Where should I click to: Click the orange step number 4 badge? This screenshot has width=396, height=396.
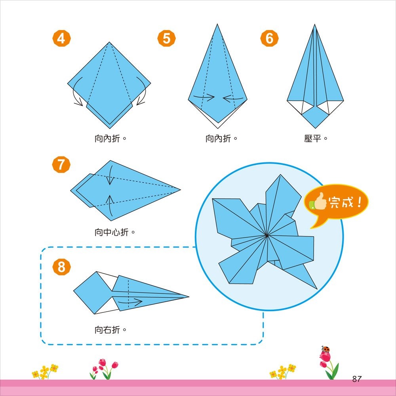(x=61, y=39)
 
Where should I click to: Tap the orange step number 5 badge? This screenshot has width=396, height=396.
(x=166, y=39)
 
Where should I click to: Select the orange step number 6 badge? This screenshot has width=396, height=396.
(x=269, y=39)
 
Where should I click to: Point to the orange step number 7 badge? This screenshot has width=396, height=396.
(x=61, y=165)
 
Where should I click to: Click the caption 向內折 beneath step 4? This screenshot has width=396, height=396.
(x=107, y=139)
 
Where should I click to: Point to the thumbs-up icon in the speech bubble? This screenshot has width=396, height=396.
(x=318, y=203)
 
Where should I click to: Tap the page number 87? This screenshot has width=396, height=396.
(x=356, y=379)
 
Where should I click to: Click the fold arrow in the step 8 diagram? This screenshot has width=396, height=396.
(x=133, y=303)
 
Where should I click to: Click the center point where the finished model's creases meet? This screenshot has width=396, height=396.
(x=267, y=236)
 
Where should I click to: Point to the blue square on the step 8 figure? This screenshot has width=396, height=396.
(x=90, y=292)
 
